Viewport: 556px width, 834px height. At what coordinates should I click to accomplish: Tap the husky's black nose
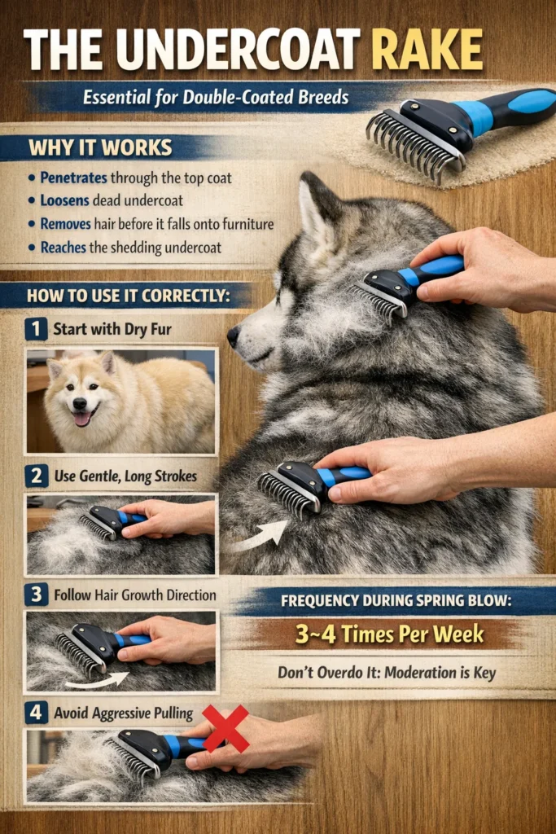click(234, 333)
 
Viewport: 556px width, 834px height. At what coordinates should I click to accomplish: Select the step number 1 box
click(36, 329)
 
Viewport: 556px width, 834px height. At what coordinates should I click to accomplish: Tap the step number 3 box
click(36, 594)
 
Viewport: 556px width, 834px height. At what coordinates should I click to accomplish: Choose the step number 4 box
click(36, 712)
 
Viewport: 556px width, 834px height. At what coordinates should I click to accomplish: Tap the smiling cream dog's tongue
click(81, 418)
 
